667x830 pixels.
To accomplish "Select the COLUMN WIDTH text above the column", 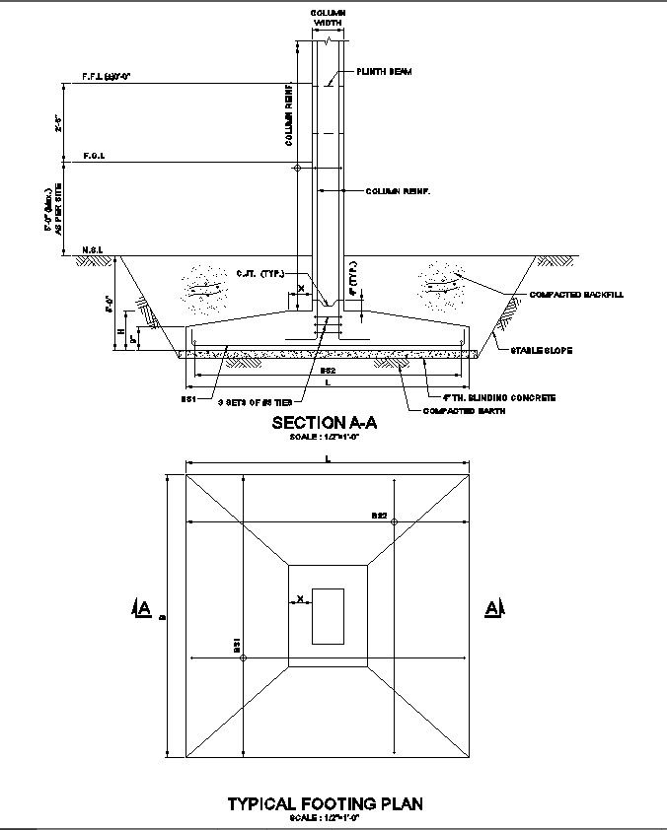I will (328, 16).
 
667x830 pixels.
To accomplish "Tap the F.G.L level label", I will (95, 156).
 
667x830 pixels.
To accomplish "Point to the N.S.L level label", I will (95, 249).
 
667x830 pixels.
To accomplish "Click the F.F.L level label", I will (107, 75).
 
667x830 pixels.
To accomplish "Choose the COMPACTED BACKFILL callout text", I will (576, 295).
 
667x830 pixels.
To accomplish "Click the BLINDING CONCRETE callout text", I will (498, 398).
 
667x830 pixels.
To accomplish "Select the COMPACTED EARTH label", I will (465, 411).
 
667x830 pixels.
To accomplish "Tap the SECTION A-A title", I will (326, 423).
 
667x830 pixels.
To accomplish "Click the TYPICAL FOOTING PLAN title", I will (326, 803).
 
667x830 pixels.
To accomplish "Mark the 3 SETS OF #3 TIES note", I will (255, 402).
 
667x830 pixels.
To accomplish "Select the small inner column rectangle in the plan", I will (328, 616).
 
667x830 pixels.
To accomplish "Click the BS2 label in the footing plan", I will (379, 515).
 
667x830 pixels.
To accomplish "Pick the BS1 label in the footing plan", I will (236, 646).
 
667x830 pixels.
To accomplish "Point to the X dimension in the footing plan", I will (299, 598).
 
